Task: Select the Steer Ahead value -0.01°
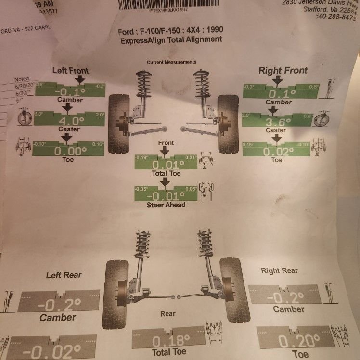166,196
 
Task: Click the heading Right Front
283,70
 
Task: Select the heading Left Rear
64,275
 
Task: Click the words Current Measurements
172,62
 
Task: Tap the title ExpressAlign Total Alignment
171,39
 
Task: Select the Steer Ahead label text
166,205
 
